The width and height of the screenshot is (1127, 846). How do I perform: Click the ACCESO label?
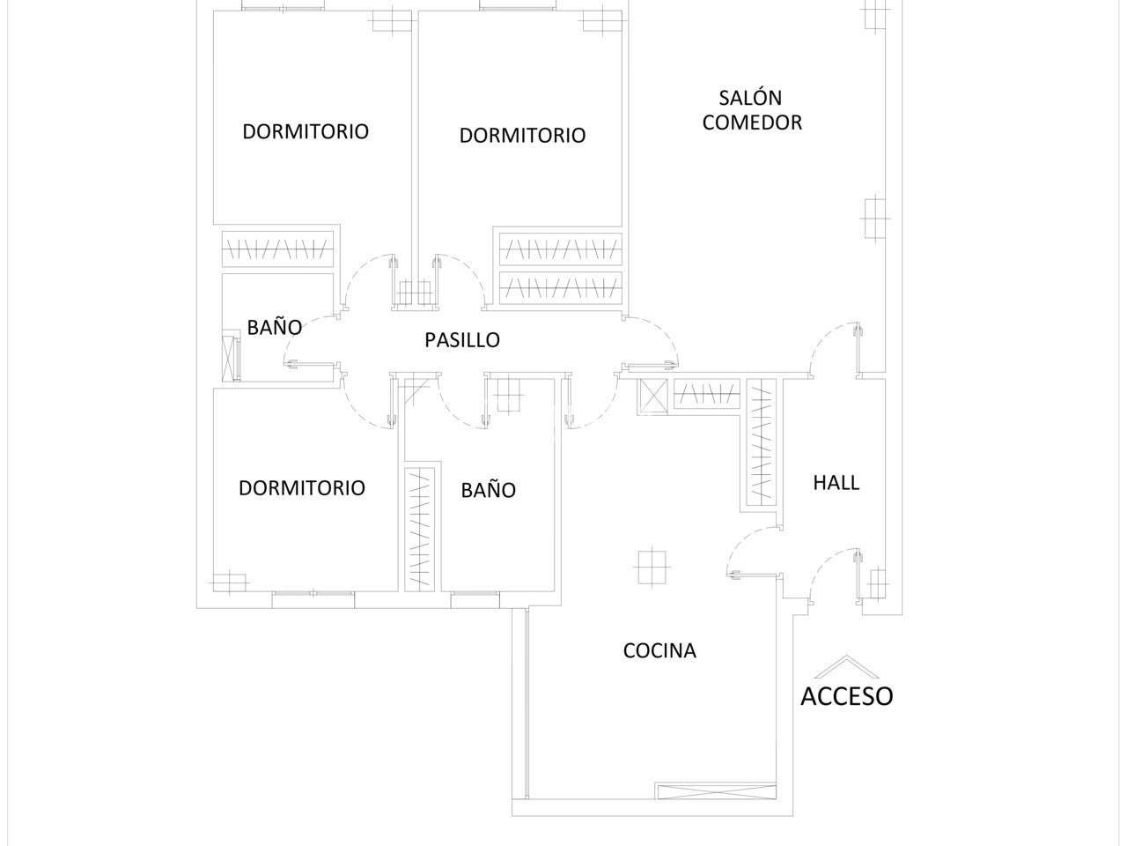pos(847,696)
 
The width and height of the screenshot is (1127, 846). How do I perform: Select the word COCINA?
pos(659,651)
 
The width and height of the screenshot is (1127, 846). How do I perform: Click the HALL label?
pos(836,483)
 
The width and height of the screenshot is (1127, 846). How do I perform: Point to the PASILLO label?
pos(462,340)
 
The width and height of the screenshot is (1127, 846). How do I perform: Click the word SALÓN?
pos(750,98)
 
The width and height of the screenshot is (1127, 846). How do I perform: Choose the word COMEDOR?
pos(752,122)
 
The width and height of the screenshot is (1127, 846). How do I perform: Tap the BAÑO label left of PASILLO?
pos(274,327)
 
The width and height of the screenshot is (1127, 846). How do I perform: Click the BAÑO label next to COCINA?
pos(489,489)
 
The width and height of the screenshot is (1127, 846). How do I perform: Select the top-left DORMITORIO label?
pos(306,131)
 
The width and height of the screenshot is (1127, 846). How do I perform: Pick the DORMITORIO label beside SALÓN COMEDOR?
pos(522,136)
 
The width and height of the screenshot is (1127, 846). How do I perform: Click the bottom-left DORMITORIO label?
pos(302,488)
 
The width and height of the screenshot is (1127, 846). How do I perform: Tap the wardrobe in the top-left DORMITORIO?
pos(277,249)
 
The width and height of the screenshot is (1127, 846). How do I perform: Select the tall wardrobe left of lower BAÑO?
pos(419,530)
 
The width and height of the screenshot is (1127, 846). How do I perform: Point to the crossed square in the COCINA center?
pos(652,567)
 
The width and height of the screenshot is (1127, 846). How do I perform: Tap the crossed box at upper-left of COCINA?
pos(652,397)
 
